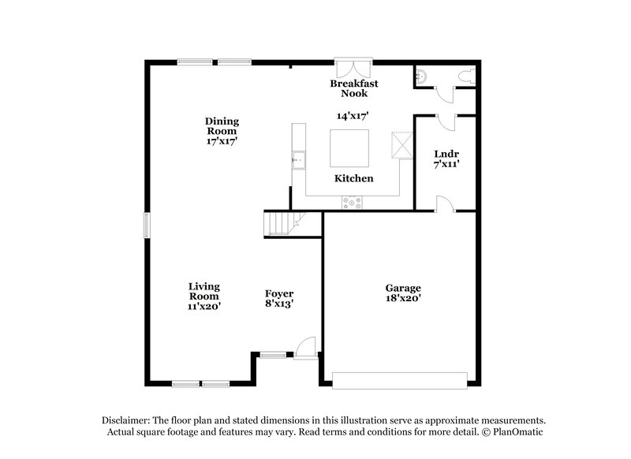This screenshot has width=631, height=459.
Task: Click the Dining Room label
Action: [x=222, y=126]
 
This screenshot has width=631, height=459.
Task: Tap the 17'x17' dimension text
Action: [x=222, y=141]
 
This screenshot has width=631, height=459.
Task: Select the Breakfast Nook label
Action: [x=354, y=88]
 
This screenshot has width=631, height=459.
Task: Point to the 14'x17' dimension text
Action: [x=353, y=115]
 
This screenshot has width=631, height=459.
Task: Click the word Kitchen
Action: [x=353, y=179]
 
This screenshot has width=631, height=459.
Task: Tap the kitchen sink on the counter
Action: [x=299, y=160]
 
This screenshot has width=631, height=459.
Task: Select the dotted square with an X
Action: [x=401, y=145]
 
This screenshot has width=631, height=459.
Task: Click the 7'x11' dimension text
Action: [x=446, y=165]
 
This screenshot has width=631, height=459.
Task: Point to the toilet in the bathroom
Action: [x=469, y=76]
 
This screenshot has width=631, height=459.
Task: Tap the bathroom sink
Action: [x=421, y=76]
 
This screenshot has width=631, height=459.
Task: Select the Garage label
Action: [x=402, y=288]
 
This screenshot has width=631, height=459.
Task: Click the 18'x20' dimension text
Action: [x=402, y=300]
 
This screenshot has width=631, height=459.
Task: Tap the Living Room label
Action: [x=203, y=290]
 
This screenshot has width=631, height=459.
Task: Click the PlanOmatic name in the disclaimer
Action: [x=517, y=432]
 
